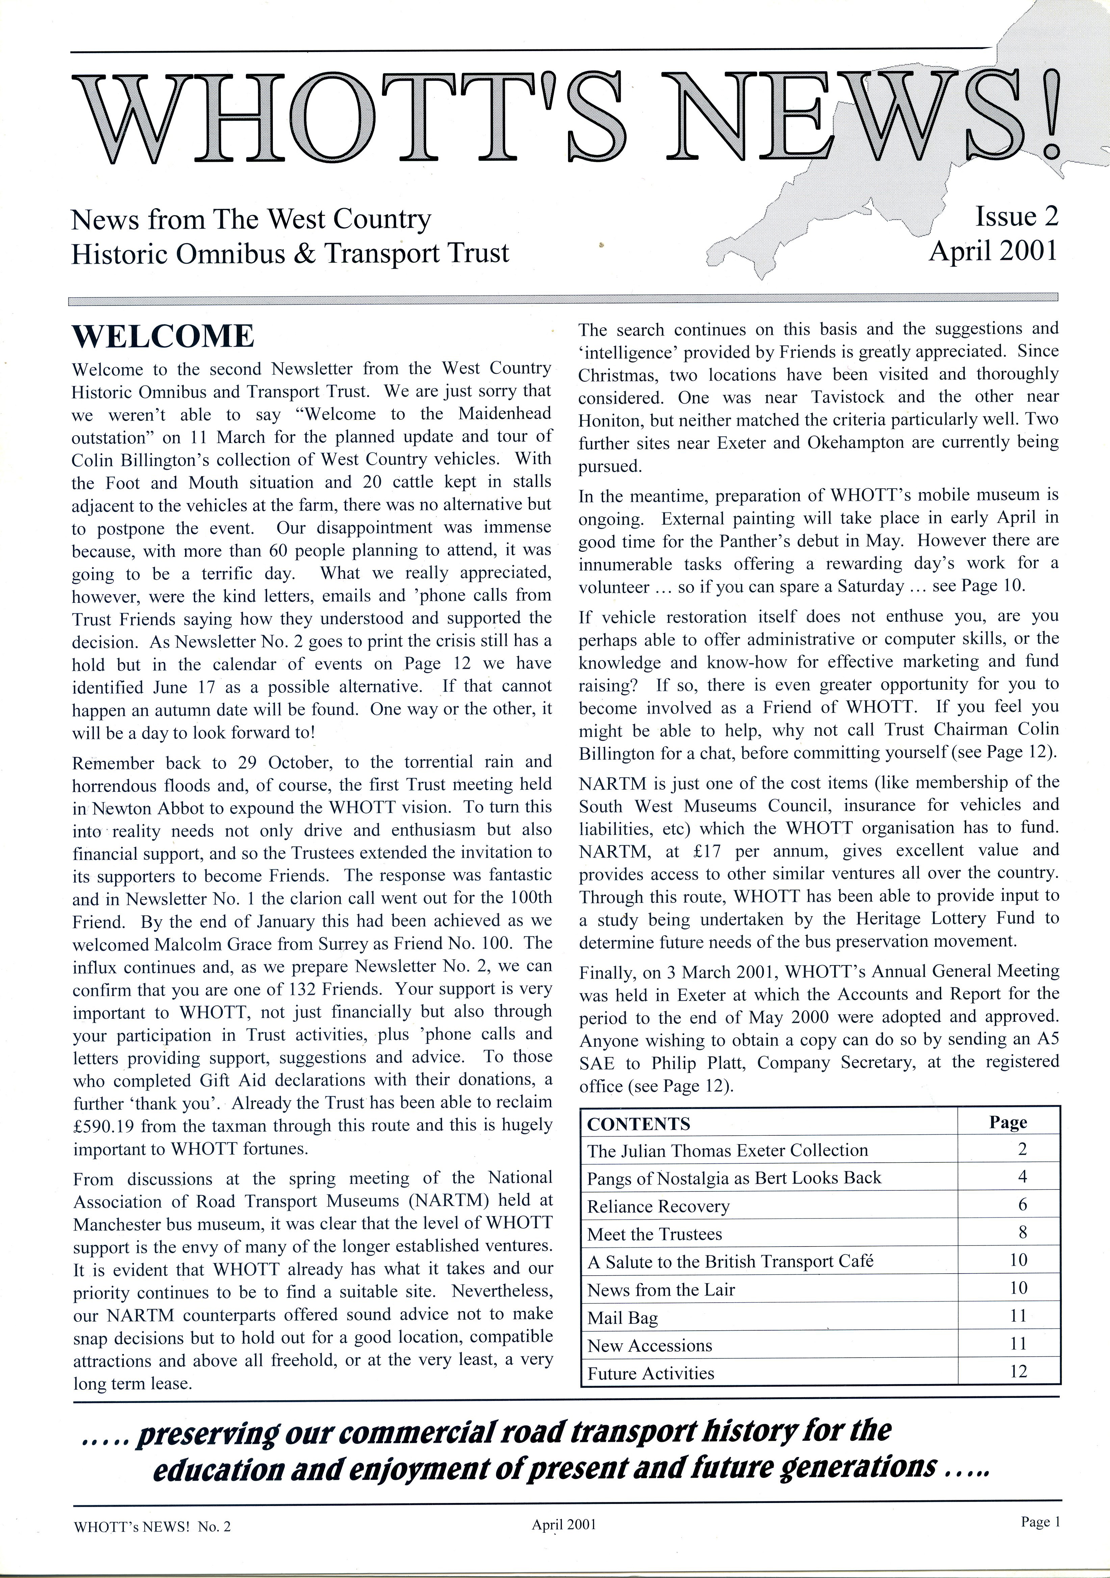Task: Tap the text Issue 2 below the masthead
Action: (1016, 217)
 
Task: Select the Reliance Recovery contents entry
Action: (658, 1207)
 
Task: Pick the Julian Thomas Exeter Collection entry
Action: (727, 1151)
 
